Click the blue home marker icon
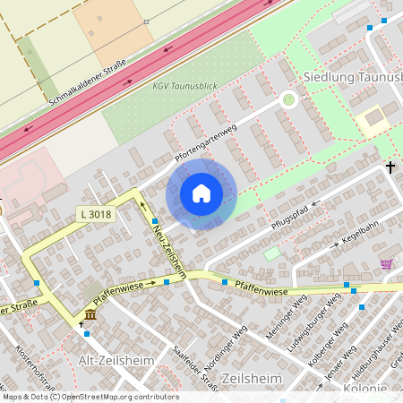[x=201, y=193]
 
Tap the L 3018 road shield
[x=94, y=214]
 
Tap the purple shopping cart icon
[x=386, y=263]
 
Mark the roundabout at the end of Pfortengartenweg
[x=288, y=99]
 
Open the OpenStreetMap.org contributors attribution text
[x=122, y=396]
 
